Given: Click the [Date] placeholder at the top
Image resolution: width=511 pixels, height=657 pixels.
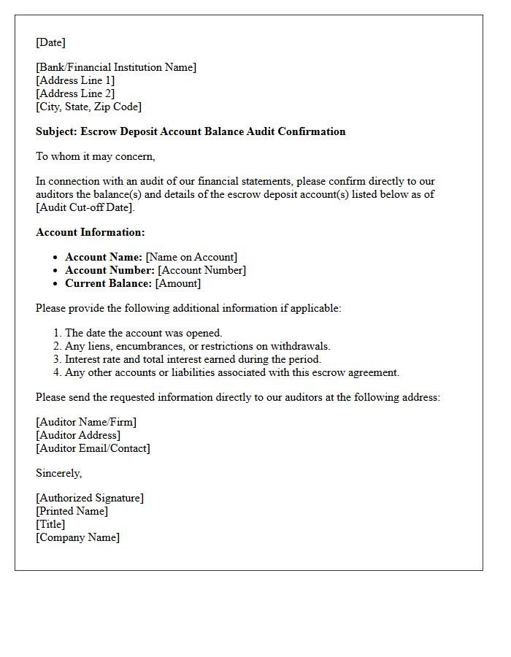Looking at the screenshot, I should (x=50, y=42).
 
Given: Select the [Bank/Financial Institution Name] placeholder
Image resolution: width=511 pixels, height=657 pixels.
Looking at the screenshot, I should (x=116, y=67).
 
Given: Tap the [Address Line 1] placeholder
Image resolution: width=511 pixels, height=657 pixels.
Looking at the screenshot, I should (x=75, y=80).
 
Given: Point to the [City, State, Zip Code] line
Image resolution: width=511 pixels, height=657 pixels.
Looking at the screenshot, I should (x=88, y=107).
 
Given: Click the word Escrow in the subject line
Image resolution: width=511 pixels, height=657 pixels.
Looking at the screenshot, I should (x=99, y=131).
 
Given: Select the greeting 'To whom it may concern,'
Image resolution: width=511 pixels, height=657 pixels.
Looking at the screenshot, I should (x=96, y=156).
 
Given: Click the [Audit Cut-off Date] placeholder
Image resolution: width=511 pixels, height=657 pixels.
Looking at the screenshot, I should (x=85, y=207).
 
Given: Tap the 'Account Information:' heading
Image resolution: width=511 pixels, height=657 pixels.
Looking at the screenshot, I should (x=91, y=232).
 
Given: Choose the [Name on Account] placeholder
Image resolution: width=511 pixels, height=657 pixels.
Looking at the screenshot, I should (x=191, y=257).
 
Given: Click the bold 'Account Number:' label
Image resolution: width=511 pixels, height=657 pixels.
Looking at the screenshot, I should (x=109, y=270).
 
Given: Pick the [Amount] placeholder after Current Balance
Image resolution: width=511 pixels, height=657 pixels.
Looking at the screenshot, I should (x=178, y=283).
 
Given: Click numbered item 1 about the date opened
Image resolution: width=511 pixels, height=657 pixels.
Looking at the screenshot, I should (x=143, y=333).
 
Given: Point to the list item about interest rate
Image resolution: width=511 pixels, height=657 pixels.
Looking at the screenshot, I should (x=193, y=359).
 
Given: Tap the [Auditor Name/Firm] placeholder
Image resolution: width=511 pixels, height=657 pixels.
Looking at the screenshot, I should (x=86, y=422).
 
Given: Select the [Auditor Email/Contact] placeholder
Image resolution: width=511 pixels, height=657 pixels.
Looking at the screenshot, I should (x=93, y=448).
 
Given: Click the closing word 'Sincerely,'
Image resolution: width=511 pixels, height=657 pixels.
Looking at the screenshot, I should (x=58, y=473).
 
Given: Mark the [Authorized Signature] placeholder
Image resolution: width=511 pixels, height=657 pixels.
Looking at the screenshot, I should (x=90, y=498).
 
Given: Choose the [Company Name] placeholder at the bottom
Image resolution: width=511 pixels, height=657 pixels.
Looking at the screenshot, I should (x=77, y=537).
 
